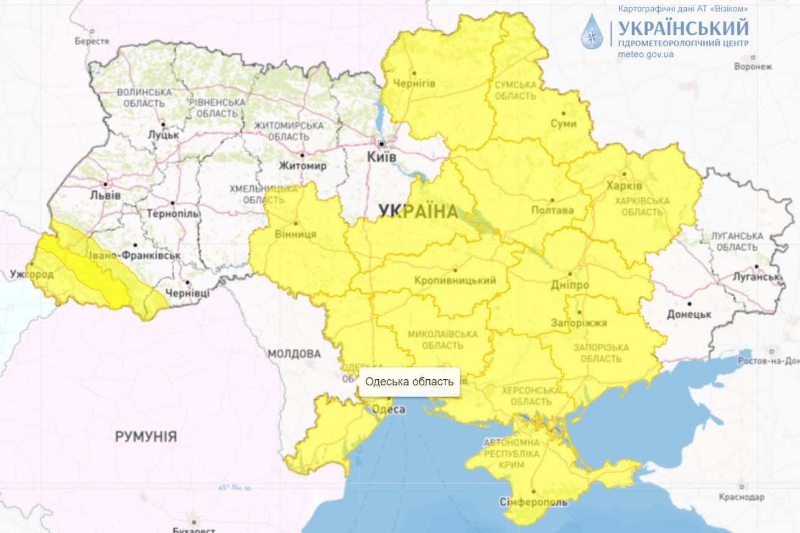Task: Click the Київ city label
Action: [x=382, y=157]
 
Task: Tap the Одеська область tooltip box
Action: [x=409, y=381]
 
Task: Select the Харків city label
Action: [x=624, y=186]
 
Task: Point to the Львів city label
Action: [x=105, y=195]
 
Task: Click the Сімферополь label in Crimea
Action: [x=533, y=502]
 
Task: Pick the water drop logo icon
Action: [x=592, y=32]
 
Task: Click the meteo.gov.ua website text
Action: [x=646, y=54]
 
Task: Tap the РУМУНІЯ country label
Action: [x=146, y=436]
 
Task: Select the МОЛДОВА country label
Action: [x=294, y=354]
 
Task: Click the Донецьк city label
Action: [x=689, y=314]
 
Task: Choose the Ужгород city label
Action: [x=32, y=274]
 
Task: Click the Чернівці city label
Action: [x=187, y=293]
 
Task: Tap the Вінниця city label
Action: [x=295, y=234]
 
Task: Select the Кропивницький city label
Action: [x=455, y=281]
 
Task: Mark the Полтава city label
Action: [x=552, y=210]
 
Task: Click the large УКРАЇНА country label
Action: [x=418, y=212]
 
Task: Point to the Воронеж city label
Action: [x=753, y=67]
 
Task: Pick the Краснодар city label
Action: [x=741, y=497]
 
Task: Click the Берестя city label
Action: [x=92, y=41]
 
